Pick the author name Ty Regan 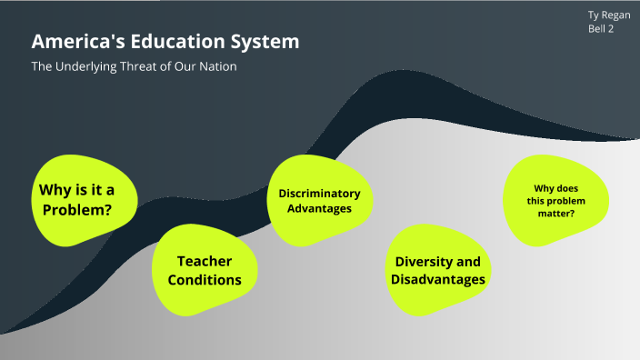pyautogui.click(x=609, y=15)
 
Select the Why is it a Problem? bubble pyautogui.click(x=85, y=200)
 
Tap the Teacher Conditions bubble pyautogui.click(x=204, y=270)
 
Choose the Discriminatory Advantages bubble pyautogui.click(x=318, y=200)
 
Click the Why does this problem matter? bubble pyautogui.click(x=555, y=200)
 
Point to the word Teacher pyautogui.click(x=205, y=261)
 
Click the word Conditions pyautogui.click(x=205, y=280)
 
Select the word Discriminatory pyautogui.click(x=319, y=193)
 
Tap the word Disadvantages pyautogui.click(x=437, y=280)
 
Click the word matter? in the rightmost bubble pyautogui.click(x=555, y=215)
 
